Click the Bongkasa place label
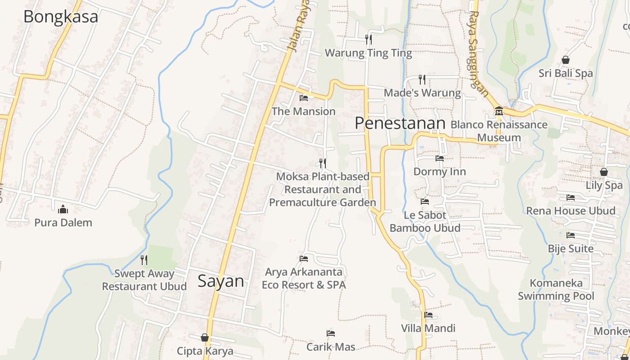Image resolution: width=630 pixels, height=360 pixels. pyautogui.click(x=60, y=17)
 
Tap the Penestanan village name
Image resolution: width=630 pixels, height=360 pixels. pyautogui.click(x=400, y=123)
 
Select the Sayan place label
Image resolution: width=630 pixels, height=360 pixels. pyautogui.click(x=221, y=281)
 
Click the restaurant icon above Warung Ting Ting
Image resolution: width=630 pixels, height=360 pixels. pyautogui.click(x=369, y=40)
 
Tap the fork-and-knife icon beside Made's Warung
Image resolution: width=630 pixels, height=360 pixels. pyautogui.click(x=422, y=80)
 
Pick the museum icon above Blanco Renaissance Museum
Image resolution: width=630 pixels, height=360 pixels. pyautogui.click(x=499, y=111)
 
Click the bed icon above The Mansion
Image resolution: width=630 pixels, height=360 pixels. pyautogui.click(x=304, y=98)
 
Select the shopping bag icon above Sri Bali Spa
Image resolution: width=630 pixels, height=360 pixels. pyautogui.click(x=566, y=60)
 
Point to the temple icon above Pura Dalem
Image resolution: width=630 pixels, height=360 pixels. pyautogui.click(x=63, y=209)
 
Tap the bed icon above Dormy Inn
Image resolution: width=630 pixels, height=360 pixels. pyautogui.click(x=440, y=158)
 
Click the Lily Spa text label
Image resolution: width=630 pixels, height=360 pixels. pyautogui.click(x=604, y=185)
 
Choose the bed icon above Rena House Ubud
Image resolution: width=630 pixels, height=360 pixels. pyautogui.click(x=571, y=198)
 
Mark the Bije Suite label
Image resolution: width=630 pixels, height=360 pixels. pyautogui.click(x=571, y=248)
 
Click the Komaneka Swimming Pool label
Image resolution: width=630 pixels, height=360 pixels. pyautogui.click(x=556, y=289)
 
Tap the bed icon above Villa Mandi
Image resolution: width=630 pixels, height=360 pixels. pyautogui.click(x=428, y=315)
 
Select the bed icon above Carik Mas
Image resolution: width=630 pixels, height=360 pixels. pyautogui.click(x=331, y=333)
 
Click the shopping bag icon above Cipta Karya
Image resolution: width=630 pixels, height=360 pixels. pyautogui.click(x=205, y=337)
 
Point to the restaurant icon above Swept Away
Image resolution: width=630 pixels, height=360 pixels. pyautogui.click(x=144, y=260)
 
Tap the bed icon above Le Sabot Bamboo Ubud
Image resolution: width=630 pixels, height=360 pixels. pyautogui.click(x=425, y=202)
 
